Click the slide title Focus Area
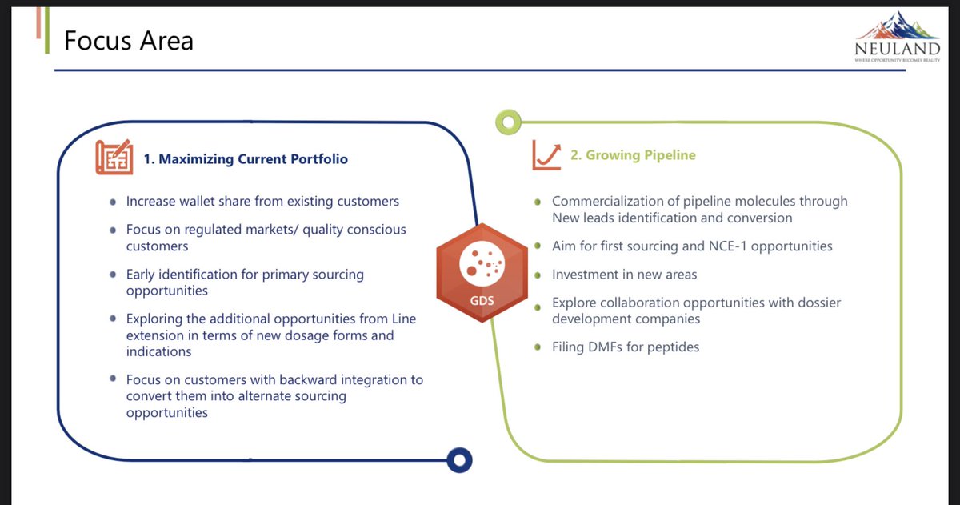click(128, 40)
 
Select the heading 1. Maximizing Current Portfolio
click(246, 159)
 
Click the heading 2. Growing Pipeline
click(633, 155)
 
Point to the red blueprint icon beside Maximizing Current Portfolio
click(114, 158)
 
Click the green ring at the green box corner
click(509, 122)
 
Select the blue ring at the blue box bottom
click(459, 459)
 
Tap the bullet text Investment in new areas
click(624, 275)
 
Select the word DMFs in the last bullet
click(609, 347)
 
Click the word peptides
click(674, 347)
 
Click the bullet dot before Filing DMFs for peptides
click(538, 347)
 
